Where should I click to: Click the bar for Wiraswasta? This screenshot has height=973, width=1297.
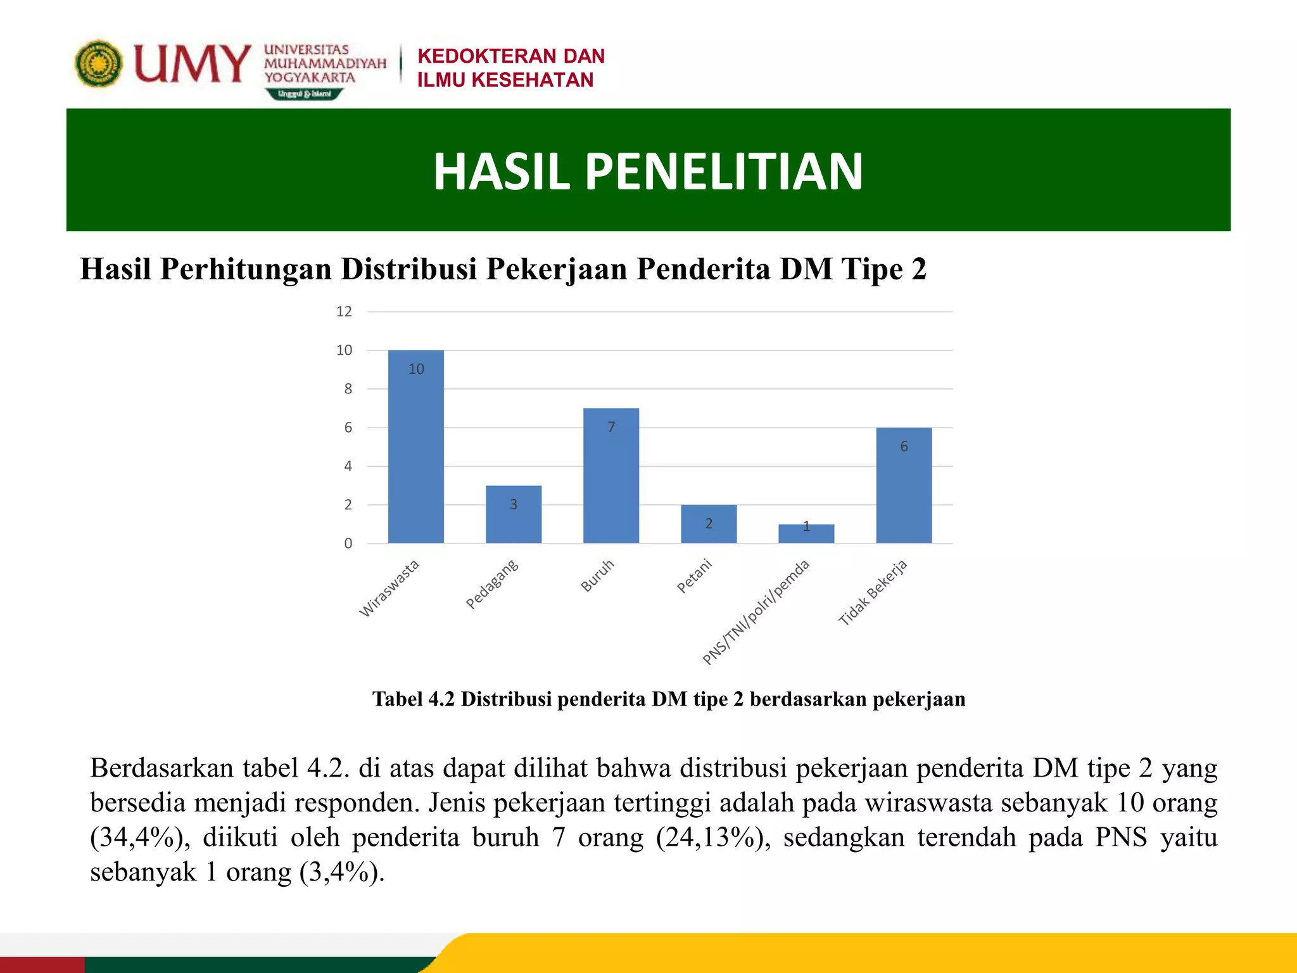[415, 447]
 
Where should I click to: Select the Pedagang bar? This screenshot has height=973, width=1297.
[514, 514]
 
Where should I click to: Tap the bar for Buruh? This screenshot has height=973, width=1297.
[611, 476]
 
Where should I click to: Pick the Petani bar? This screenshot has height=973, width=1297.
[709, 524]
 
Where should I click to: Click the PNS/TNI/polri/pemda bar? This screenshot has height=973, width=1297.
[806, 534]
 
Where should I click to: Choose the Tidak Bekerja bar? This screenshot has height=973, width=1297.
[904, 485]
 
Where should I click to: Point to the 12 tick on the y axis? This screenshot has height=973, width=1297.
[344, 312]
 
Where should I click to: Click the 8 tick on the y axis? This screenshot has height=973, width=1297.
[348, 389]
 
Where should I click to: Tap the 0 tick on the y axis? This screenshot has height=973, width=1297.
[348, 544]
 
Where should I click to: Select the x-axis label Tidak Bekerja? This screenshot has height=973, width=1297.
[874, 593]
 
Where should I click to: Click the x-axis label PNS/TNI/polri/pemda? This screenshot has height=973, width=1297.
[756, 613]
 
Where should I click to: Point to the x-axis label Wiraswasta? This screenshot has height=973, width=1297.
[389, 588]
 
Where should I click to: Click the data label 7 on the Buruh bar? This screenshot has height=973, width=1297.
[611, 428]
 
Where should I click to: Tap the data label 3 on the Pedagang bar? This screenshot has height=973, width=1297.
[514, 505]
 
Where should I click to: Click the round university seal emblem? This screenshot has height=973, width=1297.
[98, 63]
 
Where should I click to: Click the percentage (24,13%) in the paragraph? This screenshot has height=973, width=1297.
[713, 837]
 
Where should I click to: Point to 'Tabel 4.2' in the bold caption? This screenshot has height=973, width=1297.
[414, 699]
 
